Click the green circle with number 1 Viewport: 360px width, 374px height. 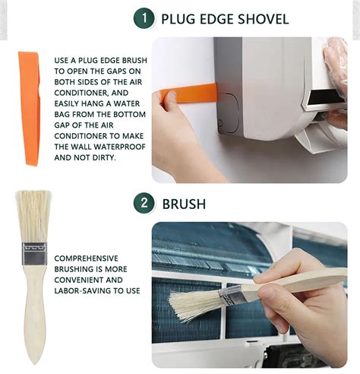tap(144, 18)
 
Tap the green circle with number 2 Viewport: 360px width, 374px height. tap(144, 203)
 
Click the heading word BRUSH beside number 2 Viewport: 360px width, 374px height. tap(184, 204)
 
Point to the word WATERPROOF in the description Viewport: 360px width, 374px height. tap(120, 147)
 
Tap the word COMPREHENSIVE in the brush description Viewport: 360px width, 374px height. tap(86, 258)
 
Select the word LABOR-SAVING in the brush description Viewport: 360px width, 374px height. tap(82, 290)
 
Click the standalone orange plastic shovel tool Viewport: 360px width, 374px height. tap(30, 108)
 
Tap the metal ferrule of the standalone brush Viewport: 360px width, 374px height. tap(34, 254)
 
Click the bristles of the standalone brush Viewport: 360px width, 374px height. tap(34, 217)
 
